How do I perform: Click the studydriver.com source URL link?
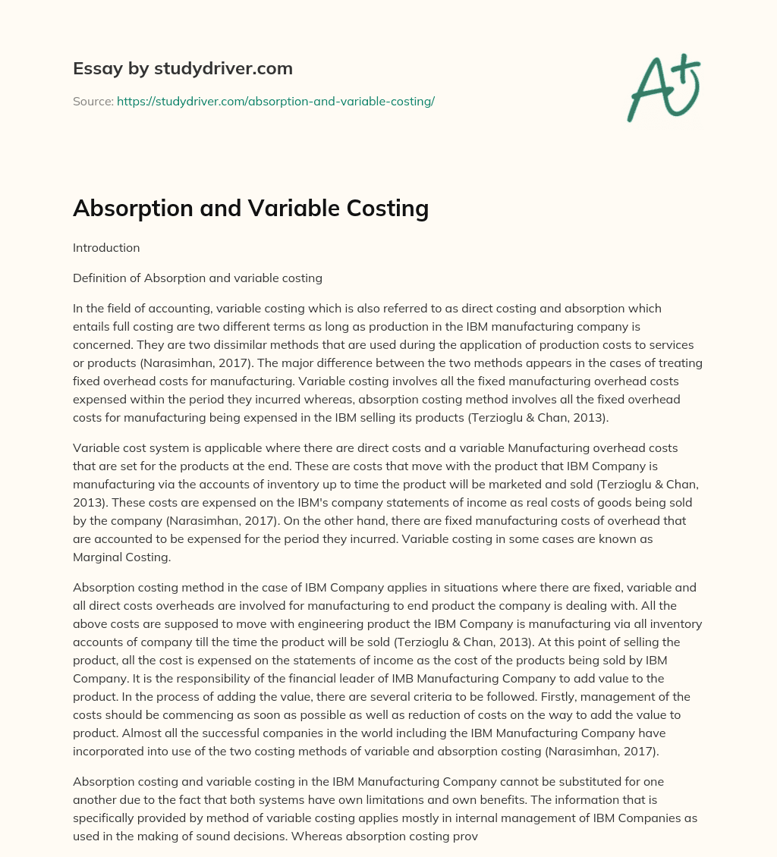tap(275, 101)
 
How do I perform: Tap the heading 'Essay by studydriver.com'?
tap(183, 68)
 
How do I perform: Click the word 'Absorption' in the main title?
tap(134, 208)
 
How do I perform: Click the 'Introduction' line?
tap(106, 247)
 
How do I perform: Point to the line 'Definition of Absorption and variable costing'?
tap(197, 278)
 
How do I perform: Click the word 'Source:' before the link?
tap(93, 101)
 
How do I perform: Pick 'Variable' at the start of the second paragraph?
tap(97, 447)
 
